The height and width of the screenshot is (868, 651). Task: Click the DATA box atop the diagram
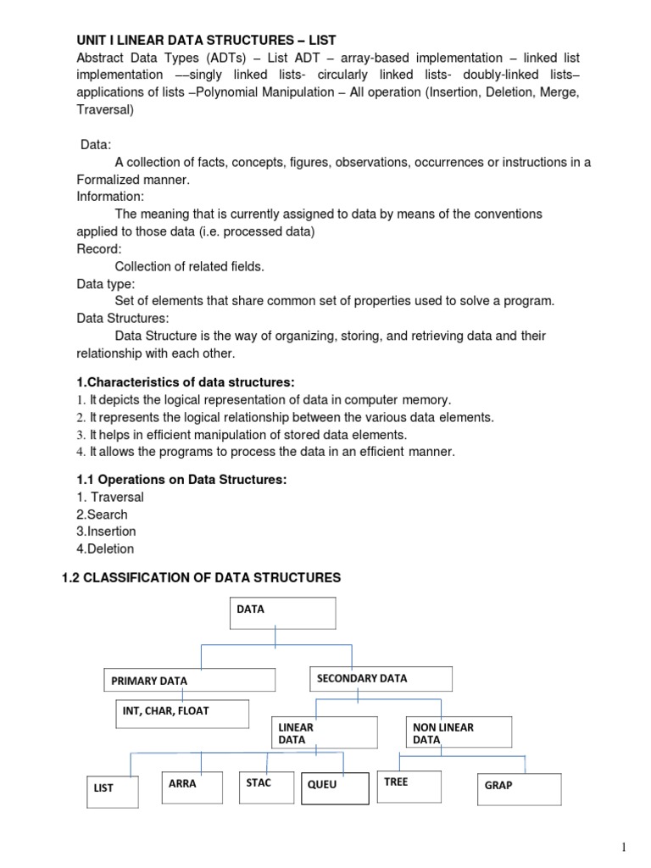282,613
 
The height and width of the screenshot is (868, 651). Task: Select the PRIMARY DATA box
190,680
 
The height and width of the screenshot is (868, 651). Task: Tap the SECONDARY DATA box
379,678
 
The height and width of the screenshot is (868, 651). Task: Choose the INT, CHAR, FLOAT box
182,714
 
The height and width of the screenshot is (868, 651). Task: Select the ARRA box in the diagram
192,787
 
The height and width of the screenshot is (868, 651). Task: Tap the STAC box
266,786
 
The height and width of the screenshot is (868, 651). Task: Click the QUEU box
334,787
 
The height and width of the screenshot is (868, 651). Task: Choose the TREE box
409,786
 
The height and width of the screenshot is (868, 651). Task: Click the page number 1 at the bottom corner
623,847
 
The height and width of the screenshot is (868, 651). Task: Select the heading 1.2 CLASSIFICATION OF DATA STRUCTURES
202,577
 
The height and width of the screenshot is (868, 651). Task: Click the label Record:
99,249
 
